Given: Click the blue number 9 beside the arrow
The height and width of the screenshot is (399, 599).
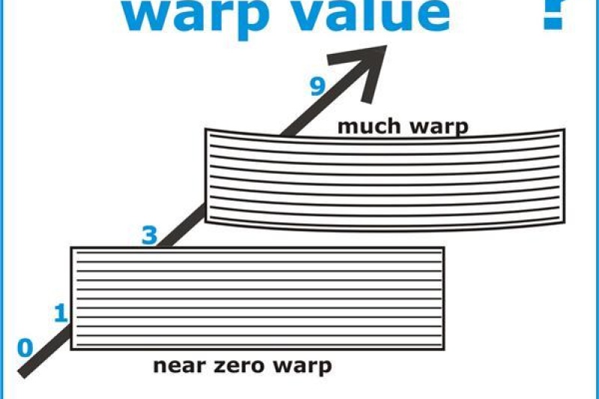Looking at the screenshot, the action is point(317,86).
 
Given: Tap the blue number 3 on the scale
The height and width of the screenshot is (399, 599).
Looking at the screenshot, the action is point(149,235).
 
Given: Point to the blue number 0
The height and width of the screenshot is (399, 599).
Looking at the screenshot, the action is point(25,348).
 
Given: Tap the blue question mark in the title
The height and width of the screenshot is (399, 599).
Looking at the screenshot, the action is point(554,15).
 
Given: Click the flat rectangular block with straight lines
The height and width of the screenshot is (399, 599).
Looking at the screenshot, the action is point(257,299).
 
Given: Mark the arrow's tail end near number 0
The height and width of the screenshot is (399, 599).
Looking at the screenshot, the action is point(23,374).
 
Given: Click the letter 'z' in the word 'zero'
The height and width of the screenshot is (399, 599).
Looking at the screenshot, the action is point(219,367).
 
